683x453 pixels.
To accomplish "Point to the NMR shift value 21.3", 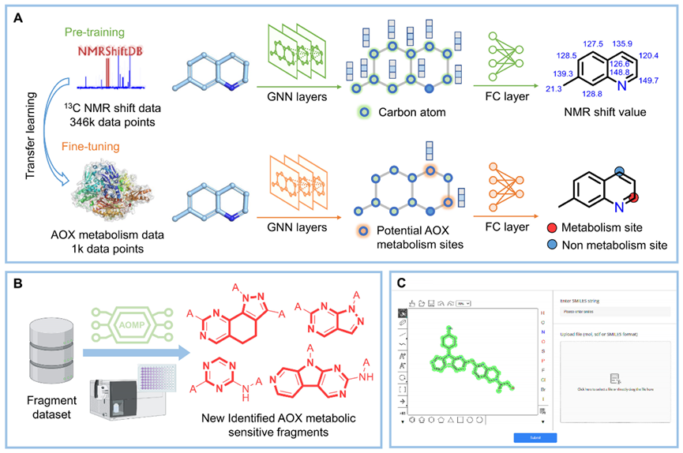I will click(542, 90).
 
